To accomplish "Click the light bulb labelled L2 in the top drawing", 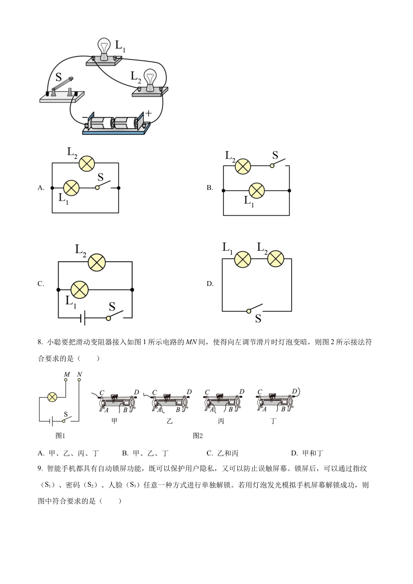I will [x=150, y=79].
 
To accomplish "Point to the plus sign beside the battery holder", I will [x=149, y=113].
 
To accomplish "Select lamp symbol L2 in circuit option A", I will [x=87, y=163].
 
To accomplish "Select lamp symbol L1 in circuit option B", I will [x=256, y=190].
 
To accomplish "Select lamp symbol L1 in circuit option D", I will [x=243, y=259].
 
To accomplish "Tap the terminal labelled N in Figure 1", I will [x=79, y=380].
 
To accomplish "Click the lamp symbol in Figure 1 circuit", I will [x=52, y=397].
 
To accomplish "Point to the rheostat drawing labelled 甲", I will [x=115, y=402].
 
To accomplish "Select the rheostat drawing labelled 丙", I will [x=222, y=402].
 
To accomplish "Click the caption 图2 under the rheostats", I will [x=198, y=435].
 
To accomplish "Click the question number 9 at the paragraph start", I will [x=40, y=468].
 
